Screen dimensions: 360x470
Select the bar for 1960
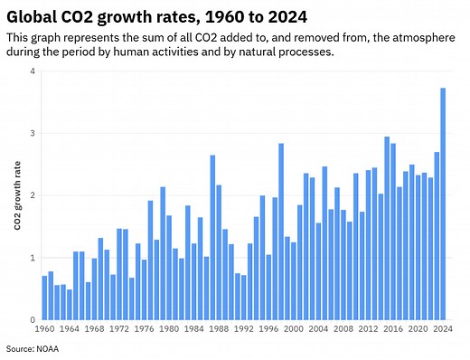(x=44, y=298)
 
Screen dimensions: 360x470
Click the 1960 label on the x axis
(x=44, y=330)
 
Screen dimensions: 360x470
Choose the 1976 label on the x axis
(x=144, y=330)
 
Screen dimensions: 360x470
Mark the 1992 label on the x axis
(x=244, y=330)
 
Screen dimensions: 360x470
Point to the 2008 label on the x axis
(x=343, y=330)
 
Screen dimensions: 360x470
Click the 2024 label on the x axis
(x=443, y=330)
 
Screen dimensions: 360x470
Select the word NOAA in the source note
(x=45, y=348)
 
